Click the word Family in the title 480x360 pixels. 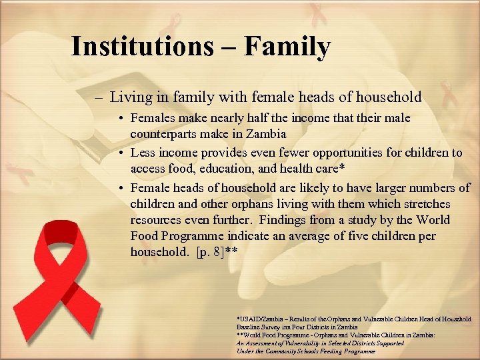(x=287, y=47)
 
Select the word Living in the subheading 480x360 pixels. (x=131, y=97)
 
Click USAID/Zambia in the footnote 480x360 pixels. (x=259, y=319)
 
